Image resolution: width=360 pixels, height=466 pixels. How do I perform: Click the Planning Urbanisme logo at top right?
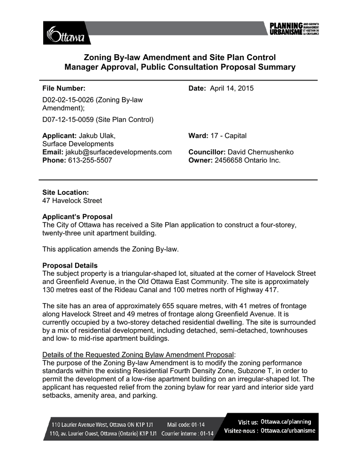pyautogui.click(x=292, y=29)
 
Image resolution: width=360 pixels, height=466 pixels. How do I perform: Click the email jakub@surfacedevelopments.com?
pyautogui.click(x=118, y=152)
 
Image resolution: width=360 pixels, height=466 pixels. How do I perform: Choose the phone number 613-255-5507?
pyautogui.click(x=90, y=160)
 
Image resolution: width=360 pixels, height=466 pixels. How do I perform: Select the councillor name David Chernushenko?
pyautogui.click(x=261, y=152)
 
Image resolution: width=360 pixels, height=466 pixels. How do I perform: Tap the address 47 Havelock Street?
pyautogui.click(x=72, y=200)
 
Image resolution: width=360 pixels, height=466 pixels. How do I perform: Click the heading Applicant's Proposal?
pyautogui.click(x=77, y=217)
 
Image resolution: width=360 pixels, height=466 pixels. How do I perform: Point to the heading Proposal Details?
pyautogui.click(x=70, y=265)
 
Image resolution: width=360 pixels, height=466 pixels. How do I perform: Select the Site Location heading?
pyautogui.click(x=66, y=192)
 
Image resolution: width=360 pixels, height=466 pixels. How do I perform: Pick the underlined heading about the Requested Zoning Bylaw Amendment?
pyautogui.click(x=139, y=355)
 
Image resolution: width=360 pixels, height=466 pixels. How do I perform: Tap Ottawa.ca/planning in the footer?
pyautogui.click(x=286, y=422)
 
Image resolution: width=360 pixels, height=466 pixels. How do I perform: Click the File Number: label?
pyautogui.click(x=64, y=88)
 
